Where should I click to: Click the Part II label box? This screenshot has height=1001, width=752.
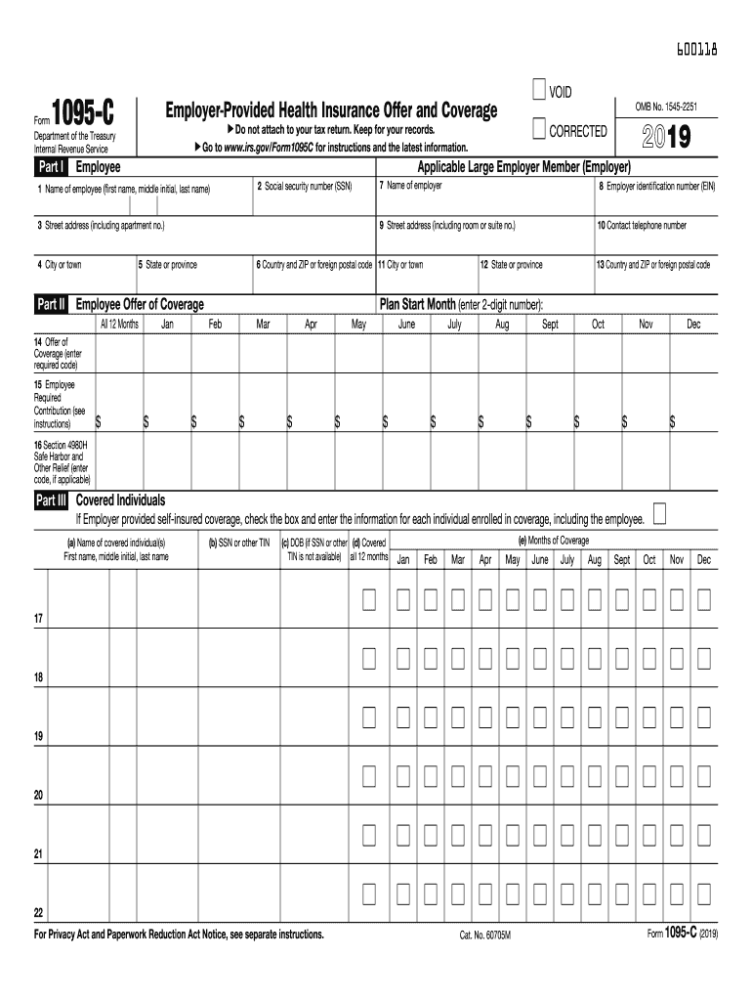[x=51, y=304]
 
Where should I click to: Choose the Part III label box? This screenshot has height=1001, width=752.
[x=51, y=500]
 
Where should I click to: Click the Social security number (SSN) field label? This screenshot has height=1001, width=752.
[x=304, y=186]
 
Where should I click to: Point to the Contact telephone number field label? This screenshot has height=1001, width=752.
[x=642, y=225]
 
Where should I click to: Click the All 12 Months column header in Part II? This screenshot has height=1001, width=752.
[x=119, y=324]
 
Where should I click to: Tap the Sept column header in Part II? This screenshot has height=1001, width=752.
[x=550, y=324]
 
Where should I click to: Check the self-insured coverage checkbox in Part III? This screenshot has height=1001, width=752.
[x=660, y=515]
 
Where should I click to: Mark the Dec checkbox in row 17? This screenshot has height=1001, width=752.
[x=704, y=599]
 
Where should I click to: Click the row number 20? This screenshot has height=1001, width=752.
[x=38, y=796]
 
